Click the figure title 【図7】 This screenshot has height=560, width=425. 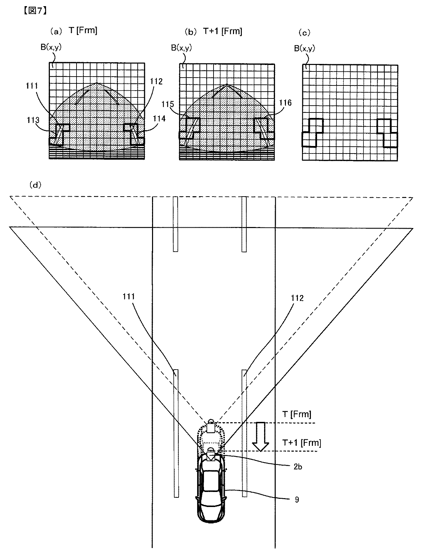35,11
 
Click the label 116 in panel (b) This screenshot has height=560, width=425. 285,103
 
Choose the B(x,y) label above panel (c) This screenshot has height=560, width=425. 305,48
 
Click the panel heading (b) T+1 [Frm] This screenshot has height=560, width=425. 214,31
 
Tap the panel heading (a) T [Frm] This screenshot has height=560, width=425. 74,31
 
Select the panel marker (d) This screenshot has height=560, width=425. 36,185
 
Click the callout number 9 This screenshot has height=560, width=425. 297,499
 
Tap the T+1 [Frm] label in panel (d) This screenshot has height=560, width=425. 302,443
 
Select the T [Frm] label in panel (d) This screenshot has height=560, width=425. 297,415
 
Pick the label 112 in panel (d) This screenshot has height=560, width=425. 297,298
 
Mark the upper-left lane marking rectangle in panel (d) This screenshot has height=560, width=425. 176,224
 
